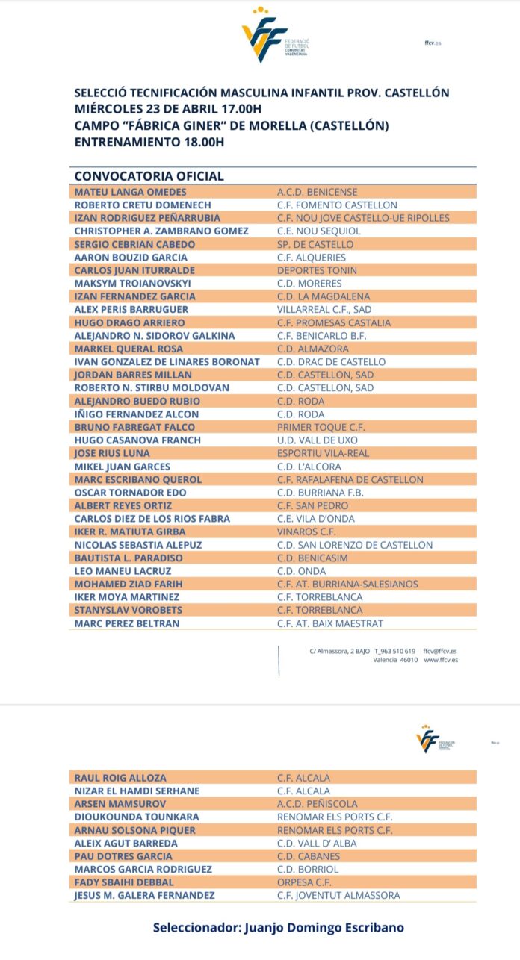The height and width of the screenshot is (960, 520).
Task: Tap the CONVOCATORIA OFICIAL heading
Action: (149, 176)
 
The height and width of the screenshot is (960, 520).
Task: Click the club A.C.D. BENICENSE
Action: (317, 192)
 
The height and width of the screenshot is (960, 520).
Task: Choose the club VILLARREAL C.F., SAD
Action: (324, 309)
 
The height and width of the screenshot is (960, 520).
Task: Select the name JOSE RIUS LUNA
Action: (112, 453)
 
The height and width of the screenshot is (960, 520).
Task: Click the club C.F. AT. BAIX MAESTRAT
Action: (329, 623)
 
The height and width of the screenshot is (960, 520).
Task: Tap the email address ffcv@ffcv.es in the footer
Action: (441, 651)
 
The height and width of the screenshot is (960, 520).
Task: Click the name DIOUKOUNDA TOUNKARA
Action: (137, 817)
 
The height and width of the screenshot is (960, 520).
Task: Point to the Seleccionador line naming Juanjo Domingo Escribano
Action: (278, 927)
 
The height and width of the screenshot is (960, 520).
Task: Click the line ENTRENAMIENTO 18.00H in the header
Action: (149, 142)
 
